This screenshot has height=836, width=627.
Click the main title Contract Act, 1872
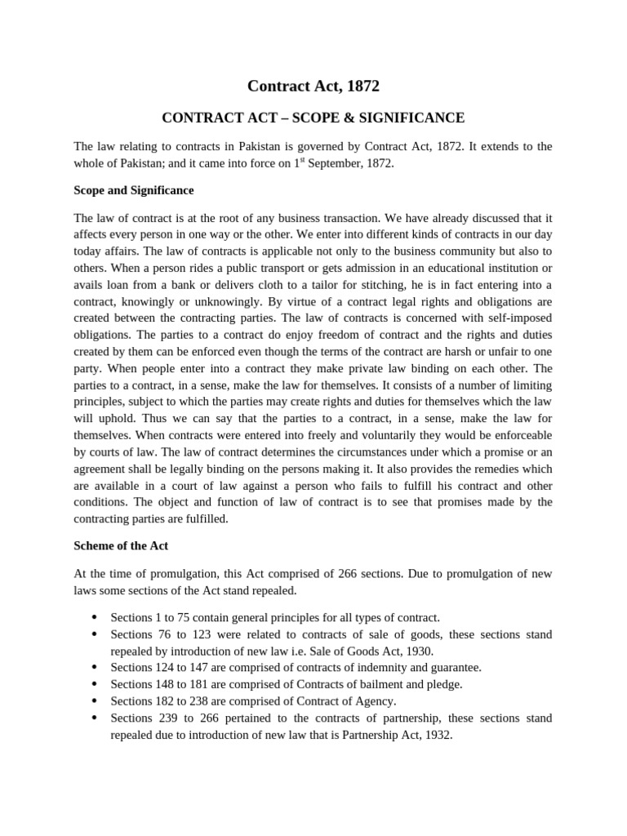313,86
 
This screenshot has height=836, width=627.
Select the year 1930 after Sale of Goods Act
420,651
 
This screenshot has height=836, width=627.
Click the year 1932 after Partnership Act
436,735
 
